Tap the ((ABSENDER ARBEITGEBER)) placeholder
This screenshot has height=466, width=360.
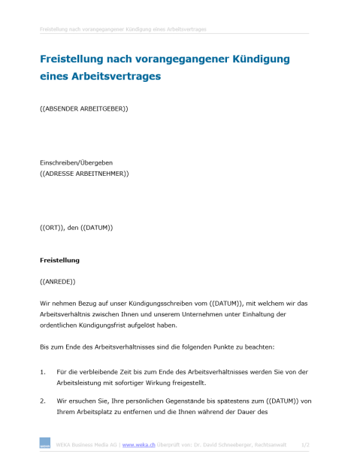coord(83,109)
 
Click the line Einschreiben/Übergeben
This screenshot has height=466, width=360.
coord(81,162)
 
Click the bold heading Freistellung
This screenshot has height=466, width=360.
coord(59,260)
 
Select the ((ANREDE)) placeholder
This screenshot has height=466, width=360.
coord(58,281)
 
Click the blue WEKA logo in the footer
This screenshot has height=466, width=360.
coord(44,446)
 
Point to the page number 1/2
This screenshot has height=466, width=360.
coord(305,445)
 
